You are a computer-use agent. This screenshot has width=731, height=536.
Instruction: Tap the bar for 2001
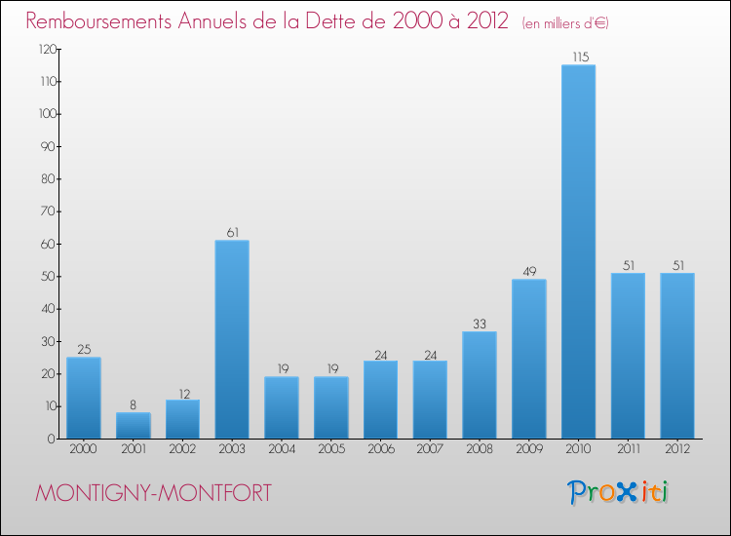click(133, 426)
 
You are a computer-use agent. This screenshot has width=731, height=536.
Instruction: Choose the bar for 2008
click(480, 385)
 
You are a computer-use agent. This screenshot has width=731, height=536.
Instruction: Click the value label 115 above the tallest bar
click(579, 57)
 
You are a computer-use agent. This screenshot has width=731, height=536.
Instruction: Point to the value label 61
click(232, 233)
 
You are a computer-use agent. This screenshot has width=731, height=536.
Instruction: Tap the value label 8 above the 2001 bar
click(133, 405)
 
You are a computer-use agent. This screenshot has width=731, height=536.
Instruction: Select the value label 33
click(480, 325)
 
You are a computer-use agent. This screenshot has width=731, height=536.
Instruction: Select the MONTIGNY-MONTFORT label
click(154, 493)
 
